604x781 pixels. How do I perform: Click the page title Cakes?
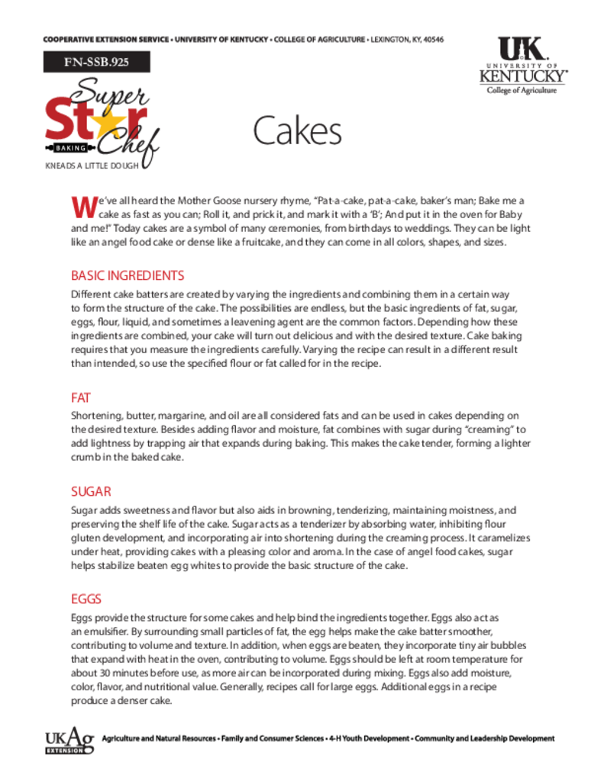tap(297, 131)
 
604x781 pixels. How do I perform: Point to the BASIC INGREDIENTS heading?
tap(128, 275)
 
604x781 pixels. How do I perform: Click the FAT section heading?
tap(81, 397)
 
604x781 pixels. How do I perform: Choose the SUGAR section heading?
tap(92, 492)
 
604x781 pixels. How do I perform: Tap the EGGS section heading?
tap(86, 599)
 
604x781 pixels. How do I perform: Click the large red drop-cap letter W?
tap(80, 206)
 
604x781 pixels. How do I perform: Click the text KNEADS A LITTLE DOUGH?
tap(92, 165)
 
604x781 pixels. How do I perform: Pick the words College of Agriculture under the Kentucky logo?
tap(522, 90)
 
